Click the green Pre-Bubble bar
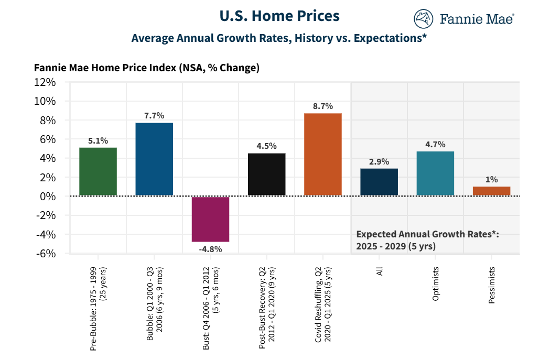tap(98, 171)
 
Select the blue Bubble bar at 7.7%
tap(154, 159)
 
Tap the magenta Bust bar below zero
tap(210, 219)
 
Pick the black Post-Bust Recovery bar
tap(266, 174)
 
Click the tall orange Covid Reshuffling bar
tap(323, 155)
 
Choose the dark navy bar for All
tap(379, 182)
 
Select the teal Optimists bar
tap(435, 173)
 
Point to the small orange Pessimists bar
tap(491, 191)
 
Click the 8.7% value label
tap(323, 106)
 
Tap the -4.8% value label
tap(210, 249)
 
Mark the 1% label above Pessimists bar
tap(491, 179)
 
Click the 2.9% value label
tap(379, 161)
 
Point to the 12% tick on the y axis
tap(45, 82)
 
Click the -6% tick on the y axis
tap(46, 254)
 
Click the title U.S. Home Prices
tap(279, 16)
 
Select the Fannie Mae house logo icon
tap(423, 19)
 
